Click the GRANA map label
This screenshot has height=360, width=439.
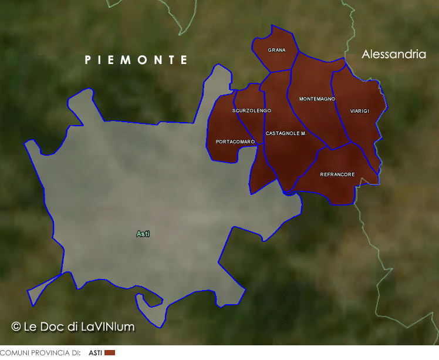pos(276,51)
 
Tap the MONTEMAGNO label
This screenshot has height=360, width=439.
pos(317,99)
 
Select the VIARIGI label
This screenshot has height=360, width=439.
pos(359,111)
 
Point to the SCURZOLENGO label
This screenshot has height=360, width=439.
pos(252,110)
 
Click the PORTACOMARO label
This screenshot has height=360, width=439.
pos(235,142)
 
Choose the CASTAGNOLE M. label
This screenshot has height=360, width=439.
pos(286,134)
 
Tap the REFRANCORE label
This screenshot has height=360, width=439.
pos(337,174)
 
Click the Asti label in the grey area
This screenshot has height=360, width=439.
pos(143,234)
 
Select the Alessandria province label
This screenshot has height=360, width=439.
pos(394,55)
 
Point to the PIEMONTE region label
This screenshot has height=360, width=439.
pos(136,60)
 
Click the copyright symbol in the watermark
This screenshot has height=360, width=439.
pos(16,327)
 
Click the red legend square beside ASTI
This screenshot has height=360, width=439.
pos(110,353)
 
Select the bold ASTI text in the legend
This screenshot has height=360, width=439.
pos(95,353)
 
